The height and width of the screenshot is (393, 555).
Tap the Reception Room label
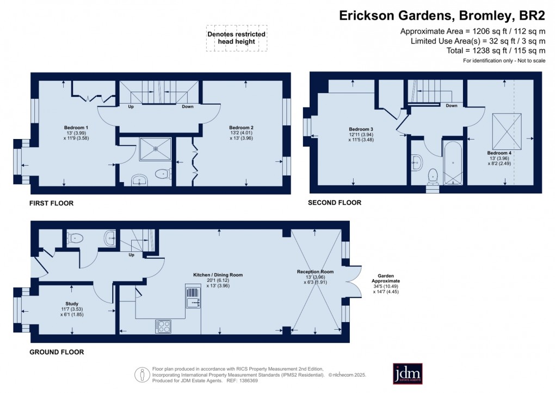point(315,271)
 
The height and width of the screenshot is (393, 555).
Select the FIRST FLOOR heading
point(51,203)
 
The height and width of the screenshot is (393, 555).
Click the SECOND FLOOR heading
point(335,203)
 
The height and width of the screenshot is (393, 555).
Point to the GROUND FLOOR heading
point(57,352)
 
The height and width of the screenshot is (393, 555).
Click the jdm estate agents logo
point(408,374)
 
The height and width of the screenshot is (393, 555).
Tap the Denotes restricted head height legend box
point(236,38)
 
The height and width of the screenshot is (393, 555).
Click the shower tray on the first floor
point(155,149)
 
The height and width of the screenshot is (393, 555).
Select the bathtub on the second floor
point(454,164)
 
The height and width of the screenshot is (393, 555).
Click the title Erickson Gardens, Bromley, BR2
point(442,15)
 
